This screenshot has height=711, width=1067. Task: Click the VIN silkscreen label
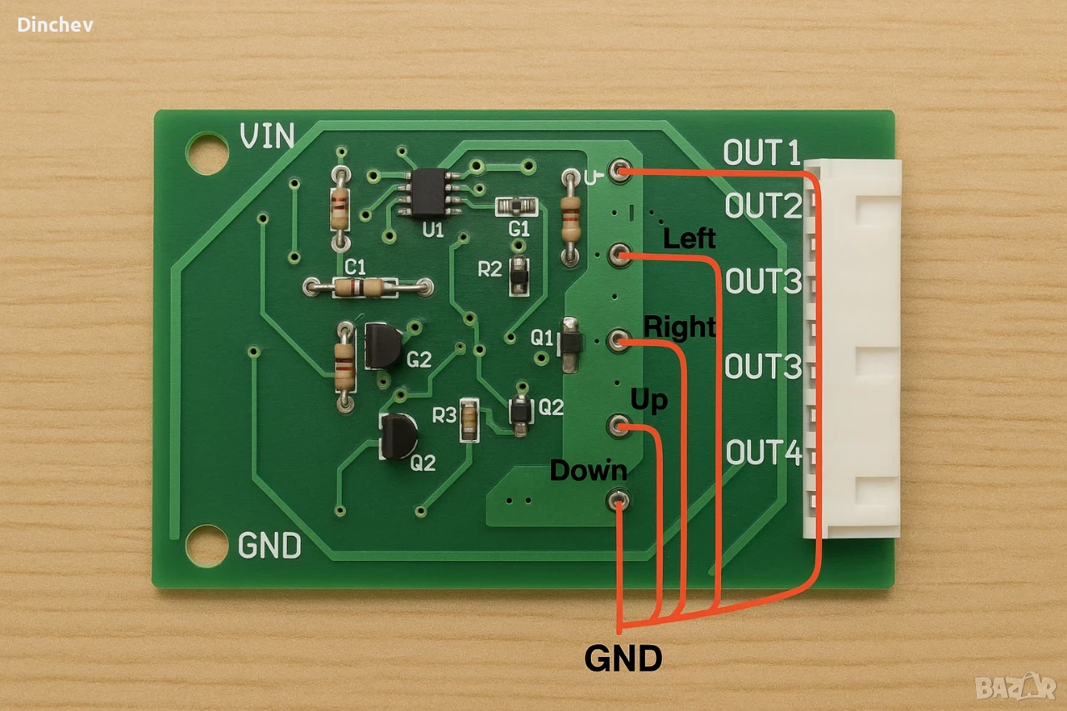(268, 136)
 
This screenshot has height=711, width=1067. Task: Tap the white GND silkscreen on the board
(269, 545)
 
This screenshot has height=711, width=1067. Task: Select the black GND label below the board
(623, 658)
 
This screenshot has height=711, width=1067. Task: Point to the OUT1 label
(761, 153)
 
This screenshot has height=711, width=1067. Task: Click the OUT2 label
(763, 205)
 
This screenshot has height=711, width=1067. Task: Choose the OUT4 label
(764, 452)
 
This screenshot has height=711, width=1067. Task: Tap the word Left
(689, 238)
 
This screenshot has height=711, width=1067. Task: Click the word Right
(679, 328)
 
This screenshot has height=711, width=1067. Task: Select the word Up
(649, 401)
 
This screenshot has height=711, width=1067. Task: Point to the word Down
(589, 470)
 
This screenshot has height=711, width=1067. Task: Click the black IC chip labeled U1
(429, 192)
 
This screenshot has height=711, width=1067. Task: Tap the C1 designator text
(355, 268)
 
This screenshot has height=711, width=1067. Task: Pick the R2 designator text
(489, 269)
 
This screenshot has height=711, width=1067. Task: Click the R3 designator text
(444, 415)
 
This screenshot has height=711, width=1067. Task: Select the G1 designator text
(518, 229)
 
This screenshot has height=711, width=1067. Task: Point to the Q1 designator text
(542, 338)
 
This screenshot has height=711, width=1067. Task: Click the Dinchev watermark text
(55, 25)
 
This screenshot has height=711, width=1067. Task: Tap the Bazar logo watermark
(1015, 687)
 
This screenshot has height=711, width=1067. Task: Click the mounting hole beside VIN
(207, 153)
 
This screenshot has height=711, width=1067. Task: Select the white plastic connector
(852, 348)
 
